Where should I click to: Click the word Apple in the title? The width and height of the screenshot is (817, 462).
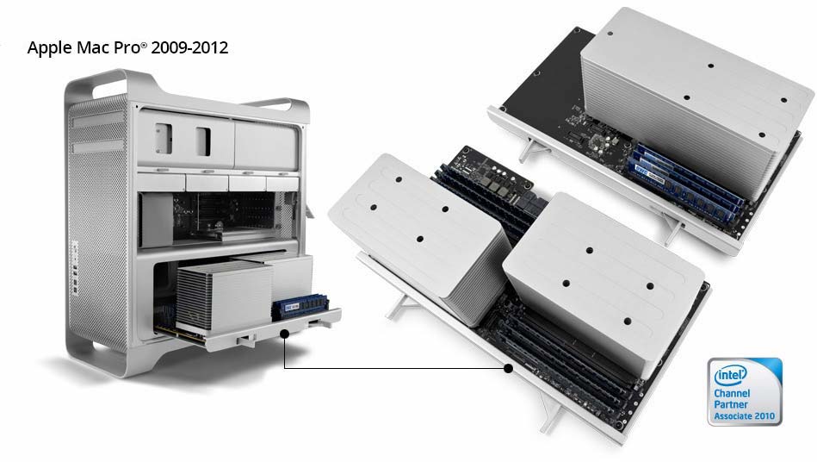click(50, 48)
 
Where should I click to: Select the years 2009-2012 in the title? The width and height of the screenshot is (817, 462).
click(189, 47)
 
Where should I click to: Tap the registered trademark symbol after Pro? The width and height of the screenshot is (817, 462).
click(144, 44)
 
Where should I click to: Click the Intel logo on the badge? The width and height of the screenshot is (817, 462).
click(731, 374)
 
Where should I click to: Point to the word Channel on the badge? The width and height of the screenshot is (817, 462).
click(732, 393)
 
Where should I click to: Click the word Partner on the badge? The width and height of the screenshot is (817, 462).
click(731, 404)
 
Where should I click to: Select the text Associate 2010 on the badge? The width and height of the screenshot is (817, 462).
click(744, 416)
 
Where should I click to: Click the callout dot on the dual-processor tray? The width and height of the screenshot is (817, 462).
click(509, 368)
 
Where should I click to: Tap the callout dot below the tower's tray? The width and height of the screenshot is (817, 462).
click(284, 334)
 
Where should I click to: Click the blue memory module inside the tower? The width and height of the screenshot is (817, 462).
click(300, 307)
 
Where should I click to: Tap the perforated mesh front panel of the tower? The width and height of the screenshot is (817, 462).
click(97, 224)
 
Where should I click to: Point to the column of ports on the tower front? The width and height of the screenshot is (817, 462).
click(75, 269)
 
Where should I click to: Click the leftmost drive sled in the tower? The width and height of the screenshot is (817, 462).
click(162, 182)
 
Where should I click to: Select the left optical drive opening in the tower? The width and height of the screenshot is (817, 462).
click(164, 138)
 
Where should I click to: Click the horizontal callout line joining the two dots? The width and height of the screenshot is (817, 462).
click(396, 368)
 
